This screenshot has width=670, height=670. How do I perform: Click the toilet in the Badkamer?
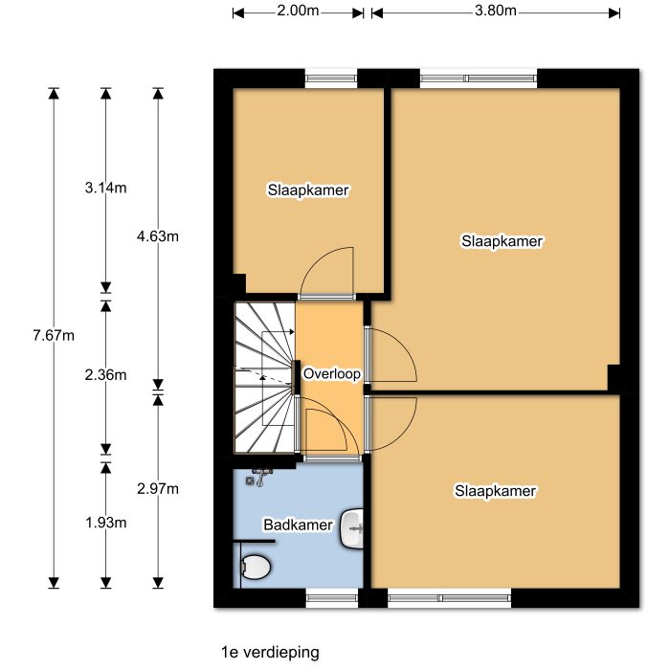click(x=255, y=568)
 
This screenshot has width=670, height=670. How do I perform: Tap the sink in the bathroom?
click(x=353, y=527)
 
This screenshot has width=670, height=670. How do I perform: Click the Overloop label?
click(x=331, y=373)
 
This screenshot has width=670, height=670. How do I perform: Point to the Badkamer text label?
click(x=298, y=525)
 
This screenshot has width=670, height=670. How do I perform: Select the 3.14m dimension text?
click(x=105, y=188)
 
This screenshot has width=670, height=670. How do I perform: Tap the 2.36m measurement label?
click(x=105, y=374)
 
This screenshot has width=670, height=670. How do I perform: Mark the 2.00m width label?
click(x=298, y=11)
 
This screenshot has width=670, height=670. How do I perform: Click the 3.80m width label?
click(x=495, y=11)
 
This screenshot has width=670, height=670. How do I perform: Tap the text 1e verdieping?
click(x=269, y=652)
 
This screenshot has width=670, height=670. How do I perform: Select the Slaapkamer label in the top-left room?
click(x=308, y=190)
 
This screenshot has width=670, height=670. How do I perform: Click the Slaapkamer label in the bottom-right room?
click(x=495, y=491)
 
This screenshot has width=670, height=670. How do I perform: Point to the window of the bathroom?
click(x=331, y=598)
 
